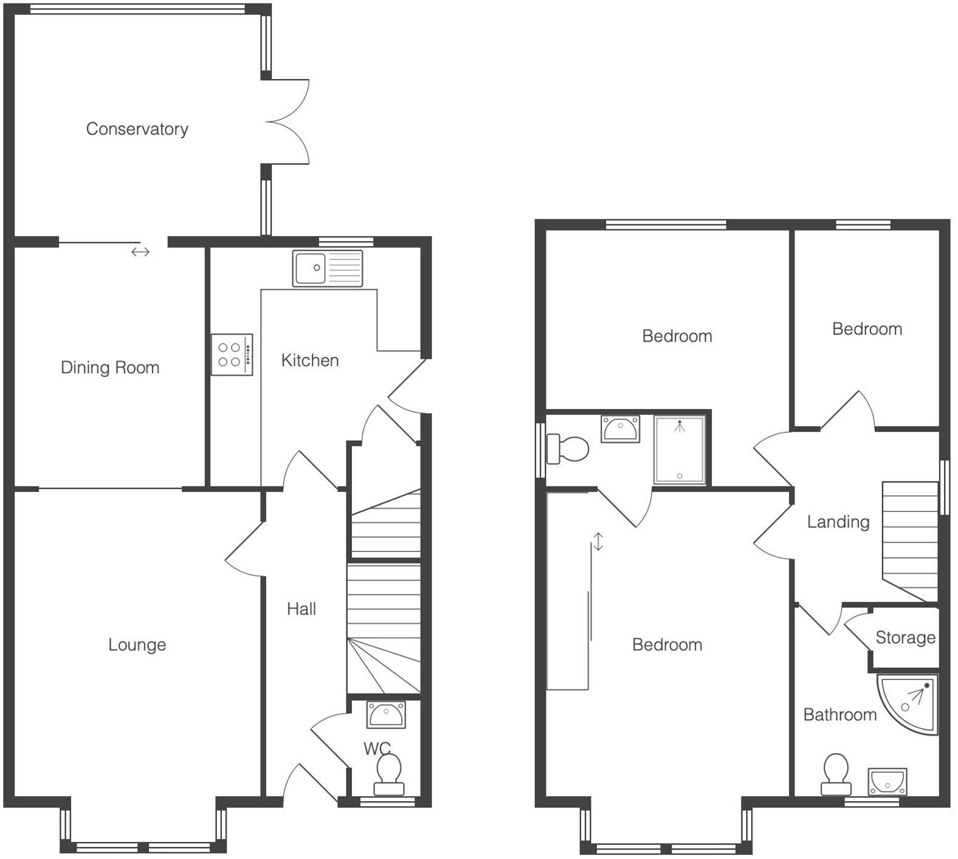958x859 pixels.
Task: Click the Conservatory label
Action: [x=137, y=129]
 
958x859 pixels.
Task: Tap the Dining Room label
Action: [x=110, y=367]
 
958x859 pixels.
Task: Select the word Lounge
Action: [x=137, y=644]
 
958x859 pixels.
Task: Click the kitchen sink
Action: [x=328, y=268]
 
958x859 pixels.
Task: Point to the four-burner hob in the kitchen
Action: [x=232, y=354]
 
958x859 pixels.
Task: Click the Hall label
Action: [x=302, y=609]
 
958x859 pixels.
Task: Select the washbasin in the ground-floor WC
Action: [x=386, y=714]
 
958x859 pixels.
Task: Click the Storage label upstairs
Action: [x=905, y=637]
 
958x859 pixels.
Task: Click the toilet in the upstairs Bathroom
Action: [x=836, y=773]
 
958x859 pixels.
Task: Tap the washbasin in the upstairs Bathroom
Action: [x=887, y=781]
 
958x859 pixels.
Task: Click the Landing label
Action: [x=838, y=522]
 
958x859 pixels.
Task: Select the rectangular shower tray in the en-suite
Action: [x=680, y=450]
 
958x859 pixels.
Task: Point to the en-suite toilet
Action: [x=568, y=449]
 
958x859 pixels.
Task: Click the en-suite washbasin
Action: [x=620, y=429]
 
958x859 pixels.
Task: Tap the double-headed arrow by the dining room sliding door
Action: [x=140, y=252]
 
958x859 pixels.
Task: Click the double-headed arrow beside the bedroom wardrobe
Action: [x=599, y=541]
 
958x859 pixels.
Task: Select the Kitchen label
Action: [x=310, y=361]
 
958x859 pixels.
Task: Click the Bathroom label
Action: [x=840, y=714]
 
